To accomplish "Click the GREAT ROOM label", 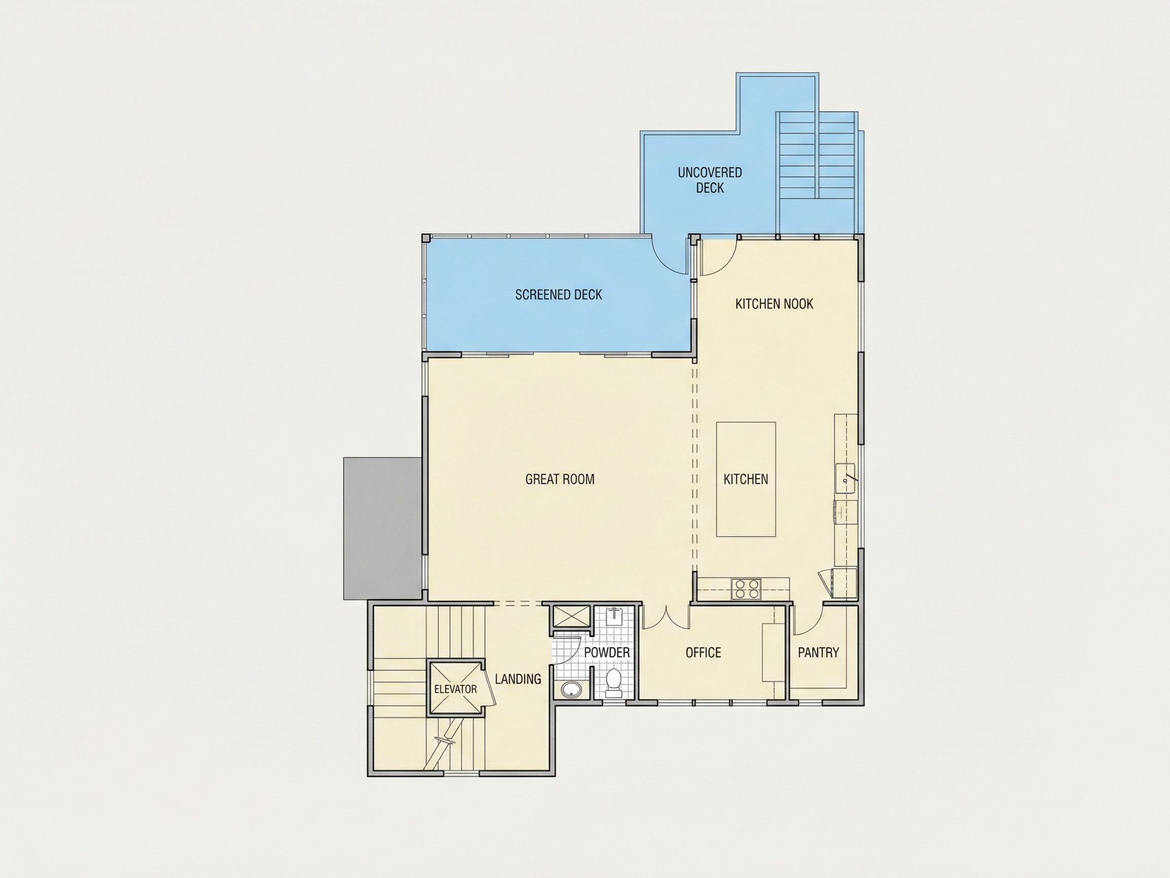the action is (x=560, y=479).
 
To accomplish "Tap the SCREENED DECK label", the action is (x=559, y=295).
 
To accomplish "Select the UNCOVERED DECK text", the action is (x=710, y=180).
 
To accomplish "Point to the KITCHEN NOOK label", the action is (x=774, y=304).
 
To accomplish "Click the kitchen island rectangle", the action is (x=746, y=480).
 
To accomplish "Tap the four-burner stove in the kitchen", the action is (x=746, y=588).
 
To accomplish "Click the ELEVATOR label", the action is (x=456, y=689).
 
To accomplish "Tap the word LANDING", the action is (x=518, y=678).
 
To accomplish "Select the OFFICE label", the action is (x=703, y=652).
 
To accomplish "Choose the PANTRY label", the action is (x=818, y=652).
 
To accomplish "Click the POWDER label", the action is (x=607, y=652).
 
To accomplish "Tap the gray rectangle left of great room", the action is (x=382, y=528).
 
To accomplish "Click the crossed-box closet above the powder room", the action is (x=568, y=616).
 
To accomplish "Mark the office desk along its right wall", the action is (x=773, y=652).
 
